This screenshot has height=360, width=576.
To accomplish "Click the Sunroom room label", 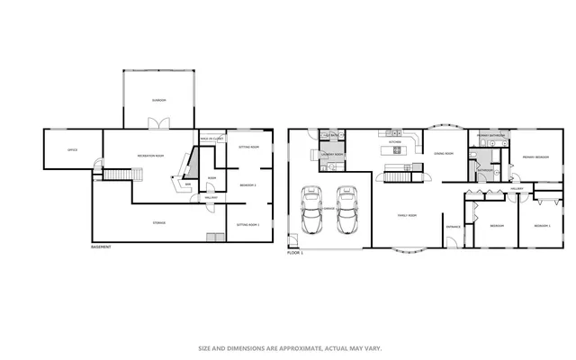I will click(x=157, y=100).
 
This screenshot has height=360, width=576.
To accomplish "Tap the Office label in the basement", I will click(x=73, y=149).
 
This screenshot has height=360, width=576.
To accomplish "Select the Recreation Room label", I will click(x=149, y=157).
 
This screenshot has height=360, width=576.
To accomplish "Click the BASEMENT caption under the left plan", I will click(x=103, y=247).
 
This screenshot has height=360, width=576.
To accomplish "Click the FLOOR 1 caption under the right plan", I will click(x=295, y=253).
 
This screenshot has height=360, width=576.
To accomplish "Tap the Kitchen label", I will click(x=394, y=142).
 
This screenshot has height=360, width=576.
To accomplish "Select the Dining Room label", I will click(x=444, y=154).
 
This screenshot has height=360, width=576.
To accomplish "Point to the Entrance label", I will click(x=454, y=226).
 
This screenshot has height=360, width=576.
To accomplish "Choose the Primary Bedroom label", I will click(x=535, y=157).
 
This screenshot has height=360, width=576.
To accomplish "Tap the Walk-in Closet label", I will click(x=211, y=139).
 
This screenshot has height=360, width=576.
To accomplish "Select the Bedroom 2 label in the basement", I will click(x=248, y=185).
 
